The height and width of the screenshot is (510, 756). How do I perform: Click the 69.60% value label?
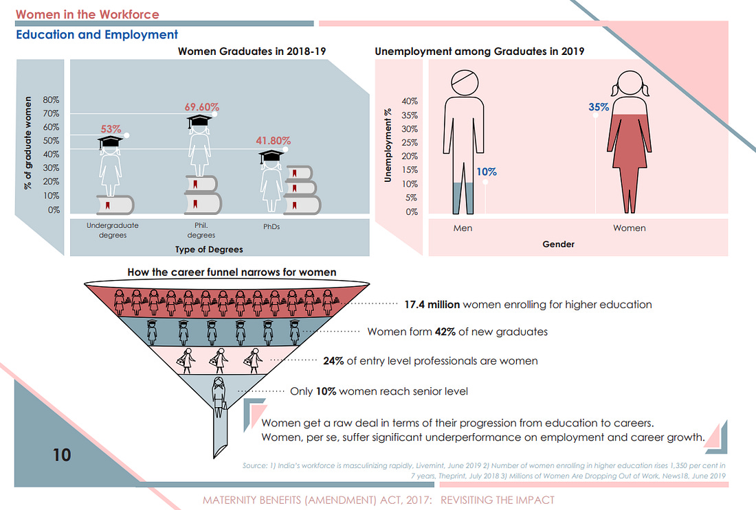(201, 107)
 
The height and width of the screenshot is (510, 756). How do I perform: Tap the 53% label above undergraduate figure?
(111, 129)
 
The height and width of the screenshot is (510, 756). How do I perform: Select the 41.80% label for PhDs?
(273, 141)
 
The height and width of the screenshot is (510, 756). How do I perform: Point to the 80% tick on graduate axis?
(51, 100)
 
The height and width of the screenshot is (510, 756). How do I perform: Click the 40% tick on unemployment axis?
(410, 101)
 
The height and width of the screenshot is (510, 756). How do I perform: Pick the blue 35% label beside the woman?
(599, 107)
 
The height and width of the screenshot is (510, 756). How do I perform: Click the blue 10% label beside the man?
(487, 172)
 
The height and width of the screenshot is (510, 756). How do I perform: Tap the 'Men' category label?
(463, 229)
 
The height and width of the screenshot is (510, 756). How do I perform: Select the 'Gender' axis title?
(558, 244)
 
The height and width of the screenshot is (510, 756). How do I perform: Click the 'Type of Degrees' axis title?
(209, 249)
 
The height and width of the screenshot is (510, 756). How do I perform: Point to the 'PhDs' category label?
(271, 227)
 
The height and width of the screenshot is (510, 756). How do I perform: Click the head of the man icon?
(465, 83)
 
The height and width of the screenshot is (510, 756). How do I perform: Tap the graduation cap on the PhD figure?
(271, 157)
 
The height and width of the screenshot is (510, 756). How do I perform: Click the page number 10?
(62, 455)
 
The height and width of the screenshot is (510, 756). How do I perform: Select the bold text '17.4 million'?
(432, 304)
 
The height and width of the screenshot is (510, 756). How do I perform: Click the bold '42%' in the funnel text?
(445, 332)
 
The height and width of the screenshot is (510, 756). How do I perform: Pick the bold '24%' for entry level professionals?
(333, 361)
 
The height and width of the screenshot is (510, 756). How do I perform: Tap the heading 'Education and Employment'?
(97, 35)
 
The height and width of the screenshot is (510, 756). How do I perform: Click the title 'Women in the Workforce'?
(87, 14)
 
